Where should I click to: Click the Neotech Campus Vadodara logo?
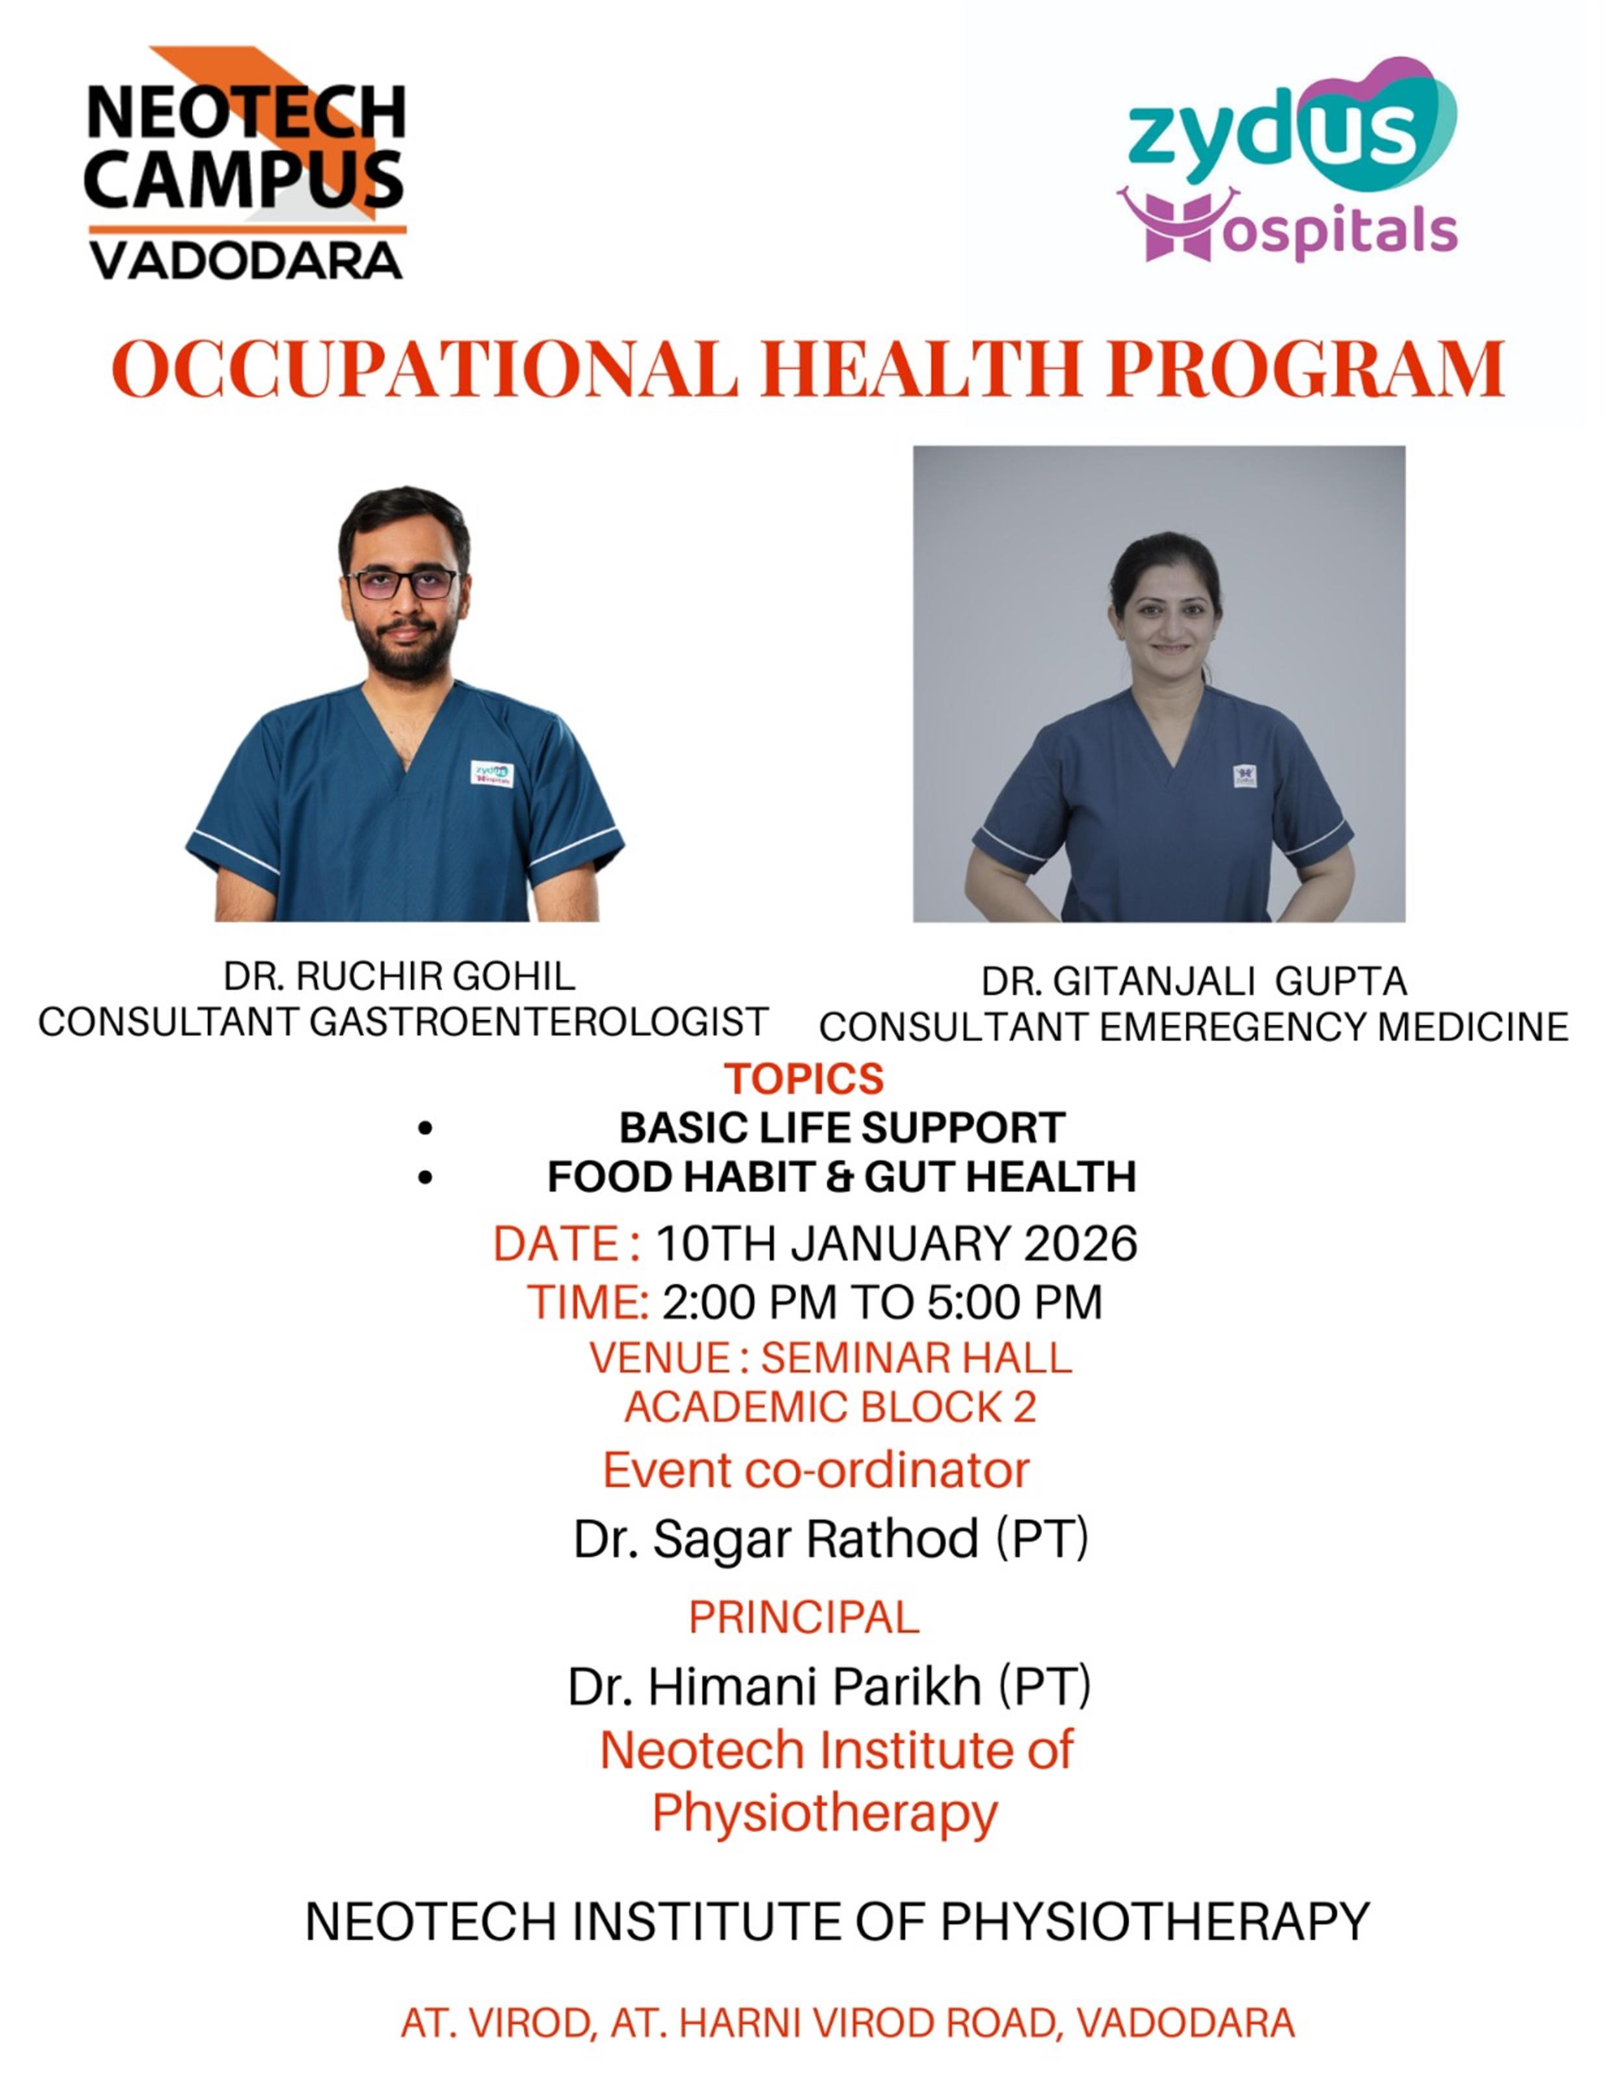coord(246,164)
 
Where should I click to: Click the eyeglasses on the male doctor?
coord(403,584)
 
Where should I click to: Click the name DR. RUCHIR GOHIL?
coord(399,976)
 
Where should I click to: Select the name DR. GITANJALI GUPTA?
coord(1194,981)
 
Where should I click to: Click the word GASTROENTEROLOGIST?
coord(539,1022)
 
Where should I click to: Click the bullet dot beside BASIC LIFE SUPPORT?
coord(425,1129)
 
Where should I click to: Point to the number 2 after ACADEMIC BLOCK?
coord(1025,1407)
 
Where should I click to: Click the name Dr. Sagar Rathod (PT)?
coord(830,1539)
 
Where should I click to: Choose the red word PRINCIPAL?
coord(803,1617)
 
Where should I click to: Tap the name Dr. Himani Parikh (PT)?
coord(829,1686)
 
